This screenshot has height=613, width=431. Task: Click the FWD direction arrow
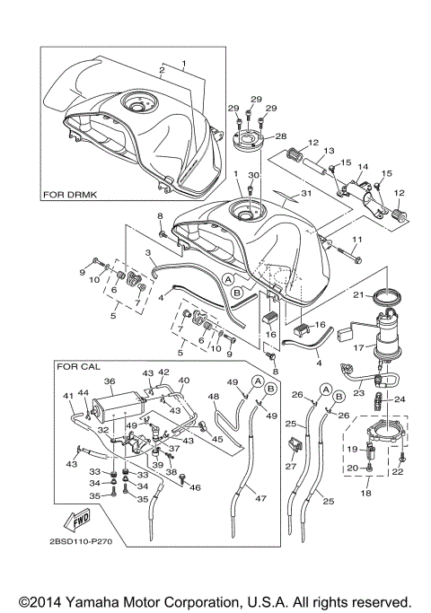78,520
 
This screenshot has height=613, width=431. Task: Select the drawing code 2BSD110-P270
81,541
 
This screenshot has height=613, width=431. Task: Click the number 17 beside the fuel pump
358,346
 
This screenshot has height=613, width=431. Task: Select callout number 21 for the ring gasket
358,294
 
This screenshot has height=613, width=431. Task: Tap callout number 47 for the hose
261,498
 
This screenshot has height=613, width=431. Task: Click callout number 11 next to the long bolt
357,239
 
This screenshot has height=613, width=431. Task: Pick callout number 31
306,193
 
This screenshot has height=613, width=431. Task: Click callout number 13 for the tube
329,151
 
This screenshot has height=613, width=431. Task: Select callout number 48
214,397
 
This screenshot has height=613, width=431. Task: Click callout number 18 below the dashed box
365,493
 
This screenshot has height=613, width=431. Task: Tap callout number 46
195,487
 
